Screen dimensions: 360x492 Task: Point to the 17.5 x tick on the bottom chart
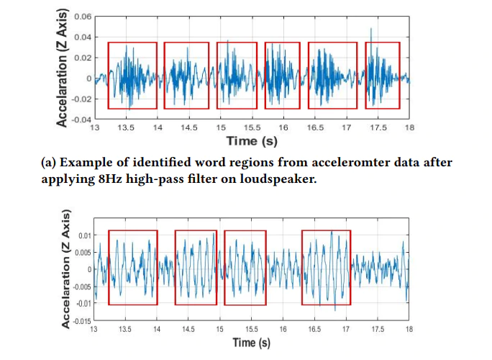378,328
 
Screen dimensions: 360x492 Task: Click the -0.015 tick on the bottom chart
81,320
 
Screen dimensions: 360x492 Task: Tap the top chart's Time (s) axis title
252,141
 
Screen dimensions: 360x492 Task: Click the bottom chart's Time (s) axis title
251,343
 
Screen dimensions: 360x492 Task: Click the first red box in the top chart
132,76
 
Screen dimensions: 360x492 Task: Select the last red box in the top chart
382,76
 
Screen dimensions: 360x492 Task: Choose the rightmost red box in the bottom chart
326,268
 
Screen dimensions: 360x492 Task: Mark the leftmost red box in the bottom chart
132,268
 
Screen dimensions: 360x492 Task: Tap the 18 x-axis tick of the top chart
409,127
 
